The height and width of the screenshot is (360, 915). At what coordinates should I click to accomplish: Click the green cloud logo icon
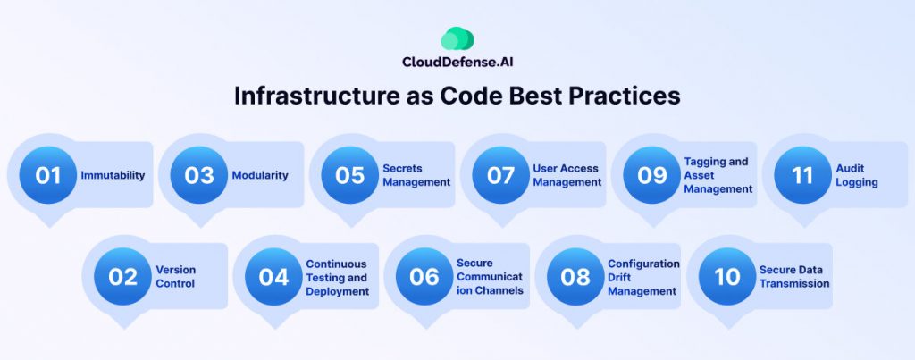click(x=457, y=39)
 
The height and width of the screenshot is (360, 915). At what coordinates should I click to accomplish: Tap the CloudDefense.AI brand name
click(x=457, y=62)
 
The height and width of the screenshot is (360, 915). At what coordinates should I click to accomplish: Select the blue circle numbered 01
click(x=48, y=175)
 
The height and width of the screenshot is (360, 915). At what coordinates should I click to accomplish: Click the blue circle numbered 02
click(x=123, y=277)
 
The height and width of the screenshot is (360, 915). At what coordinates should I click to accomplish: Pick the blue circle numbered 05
click(x=350, y=175)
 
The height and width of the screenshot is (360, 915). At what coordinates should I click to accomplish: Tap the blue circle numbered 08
click(x=576, y=277)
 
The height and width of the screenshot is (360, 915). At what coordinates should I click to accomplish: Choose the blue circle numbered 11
click(x=803, y=175)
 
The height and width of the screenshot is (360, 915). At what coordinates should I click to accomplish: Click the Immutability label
click(x=113, y=175)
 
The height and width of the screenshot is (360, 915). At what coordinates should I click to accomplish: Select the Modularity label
click(x=260, y=175)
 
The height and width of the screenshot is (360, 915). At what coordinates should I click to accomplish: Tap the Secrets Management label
click(x=416, y=175)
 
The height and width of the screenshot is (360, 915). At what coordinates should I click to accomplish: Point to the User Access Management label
click(x=567, y=175)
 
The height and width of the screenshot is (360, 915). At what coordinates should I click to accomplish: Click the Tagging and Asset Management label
click(x=718, y=175)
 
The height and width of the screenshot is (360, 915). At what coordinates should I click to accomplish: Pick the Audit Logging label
click(x=857, y=175)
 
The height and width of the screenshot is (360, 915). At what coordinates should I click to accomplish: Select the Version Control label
click(x=176, y=277)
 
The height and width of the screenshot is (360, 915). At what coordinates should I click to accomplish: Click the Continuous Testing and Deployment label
click(x=337, y=277)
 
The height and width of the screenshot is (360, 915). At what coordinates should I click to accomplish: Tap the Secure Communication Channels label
click(x=490, y=277)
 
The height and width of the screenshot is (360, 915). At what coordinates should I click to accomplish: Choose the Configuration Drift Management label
click(x=643, y=277)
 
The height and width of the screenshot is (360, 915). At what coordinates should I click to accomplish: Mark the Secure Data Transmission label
click(x=794, y=277)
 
